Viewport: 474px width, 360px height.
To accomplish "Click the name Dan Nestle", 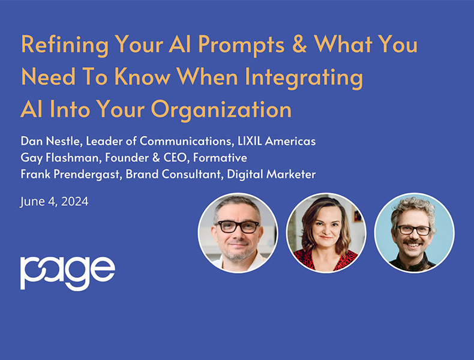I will (50, 142).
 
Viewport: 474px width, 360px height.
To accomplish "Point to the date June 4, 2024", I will (54, 202).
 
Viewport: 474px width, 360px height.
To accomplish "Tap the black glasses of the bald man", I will (237, 226).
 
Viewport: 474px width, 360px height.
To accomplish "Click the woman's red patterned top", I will (327, 260).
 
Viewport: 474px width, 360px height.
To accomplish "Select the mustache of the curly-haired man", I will (413, 244).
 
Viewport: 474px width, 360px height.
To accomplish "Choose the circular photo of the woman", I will (326, 232).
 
